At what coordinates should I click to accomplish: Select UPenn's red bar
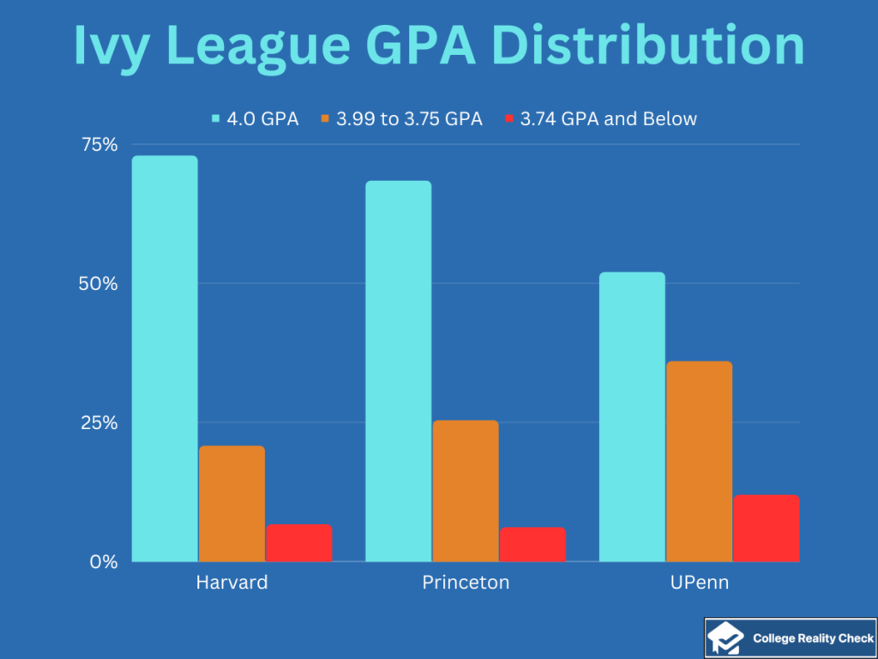coord(766,529)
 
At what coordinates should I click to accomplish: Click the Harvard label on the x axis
coord(232,583)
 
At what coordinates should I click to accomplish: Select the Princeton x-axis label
coord(466,583)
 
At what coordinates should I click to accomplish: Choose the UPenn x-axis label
coord(699,583)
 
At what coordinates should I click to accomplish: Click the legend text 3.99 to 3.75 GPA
coord(409,119)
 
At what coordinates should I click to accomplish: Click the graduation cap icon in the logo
coord(726,638)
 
